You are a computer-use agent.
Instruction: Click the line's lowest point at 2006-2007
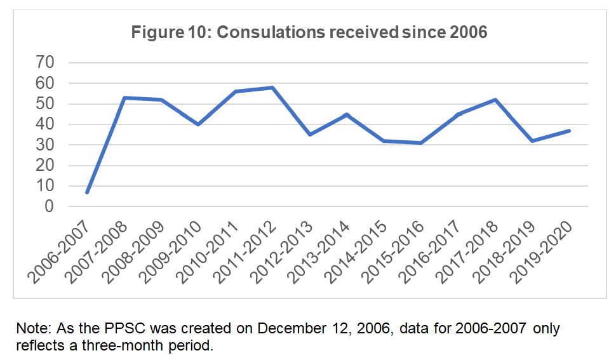point(87,192)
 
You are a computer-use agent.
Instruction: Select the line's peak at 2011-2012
point(272,87)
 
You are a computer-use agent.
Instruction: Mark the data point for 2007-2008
point(124,97)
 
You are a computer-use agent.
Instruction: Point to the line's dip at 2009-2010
point(198,124)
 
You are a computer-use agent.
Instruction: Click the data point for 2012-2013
point(309,135)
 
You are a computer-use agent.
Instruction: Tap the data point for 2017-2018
point(494,100)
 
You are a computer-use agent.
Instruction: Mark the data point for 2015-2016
point(420,143)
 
